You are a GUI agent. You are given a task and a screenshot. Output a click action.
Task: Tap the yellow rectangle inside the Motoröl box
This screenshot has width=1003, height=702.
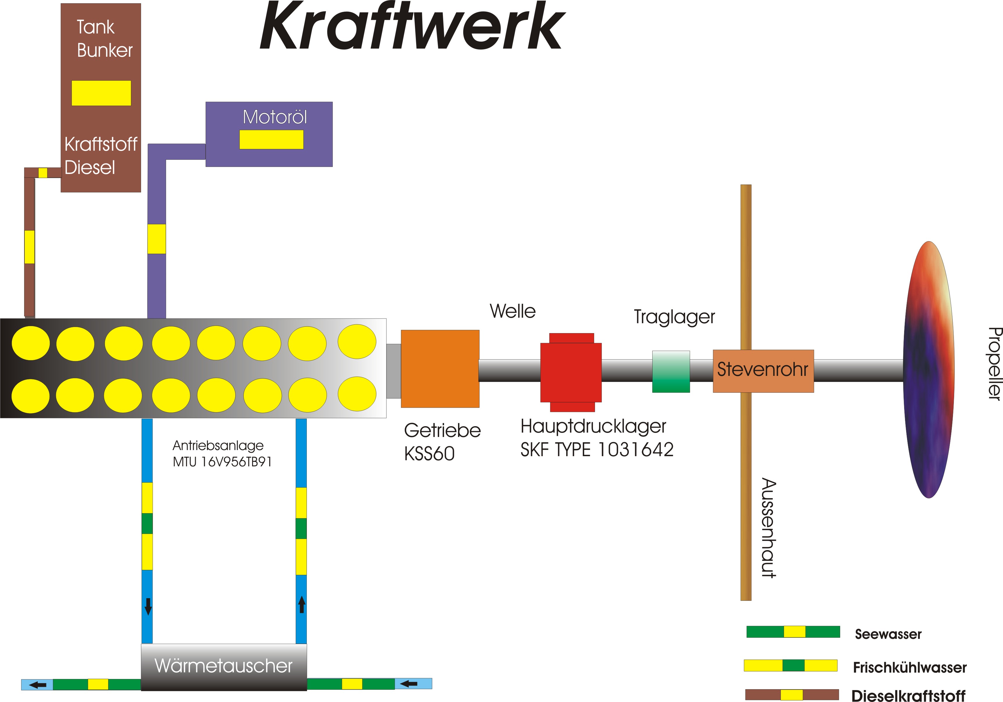tap(271, 139)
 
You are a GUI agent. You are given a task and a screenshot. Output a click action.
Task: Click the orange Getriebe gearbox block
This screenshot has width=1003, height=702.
tap(440, 369)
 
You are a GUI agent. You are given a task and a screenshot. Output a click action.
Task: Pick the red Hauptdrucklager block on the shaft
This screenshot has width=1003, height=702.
tap(571, 372)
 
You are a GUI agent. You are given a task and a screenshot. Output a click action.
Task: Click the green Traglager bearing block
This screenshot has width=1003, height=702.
tap(671, 372)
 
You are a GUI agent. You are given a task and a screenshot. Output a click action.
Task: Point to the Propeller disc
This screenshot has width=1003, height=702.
tap(929, 370)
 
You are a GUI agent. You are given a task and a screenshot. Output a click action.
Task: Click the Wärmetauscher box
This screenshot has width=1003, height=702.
tap(224, 666)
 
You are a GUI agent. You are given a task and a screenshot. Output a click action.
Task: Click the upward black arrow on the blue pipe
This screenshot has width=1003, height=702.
tap(302, 605)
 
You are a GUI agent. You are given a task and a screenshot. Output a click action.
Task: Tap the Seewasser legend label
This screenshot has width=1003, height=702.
tap(888, 634)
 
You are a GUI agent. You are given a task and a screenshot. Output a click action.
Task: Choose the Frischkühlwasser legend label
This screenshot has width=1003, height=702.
tap(910, 667)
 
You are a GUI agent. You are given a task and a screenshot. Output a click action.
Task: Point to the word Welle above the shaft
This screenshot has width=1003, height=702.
tap(512, 311)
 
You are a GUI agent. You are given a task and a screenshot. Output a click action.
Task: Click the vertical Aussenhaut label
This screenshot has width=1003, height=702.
tap(769, 528)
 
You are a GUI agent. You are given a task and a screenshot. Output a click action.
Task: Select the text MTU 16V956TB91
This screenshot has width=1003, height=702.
tap(222, 462)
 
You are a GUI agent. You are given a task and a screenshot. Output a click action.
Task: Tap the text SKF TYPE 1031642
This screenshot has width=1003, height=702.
tap(597, 450)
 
